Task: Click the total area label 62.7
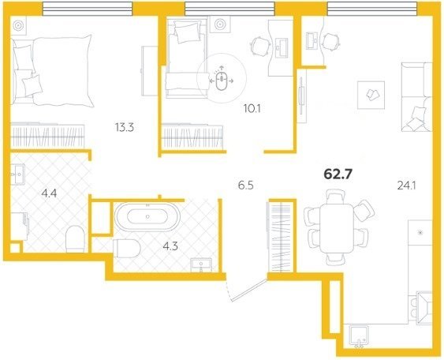(338, 174)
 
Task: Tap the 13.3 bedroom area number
(125, 128)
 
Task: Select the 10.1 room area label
(252, 109)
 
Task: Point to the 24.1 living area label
(406, 186)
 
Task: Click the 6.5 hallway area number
(245, 186)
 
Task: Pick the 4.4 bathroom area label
(49, 194)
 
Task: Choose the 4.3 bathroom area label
(170, 246)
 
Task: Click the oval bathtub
(147, 217)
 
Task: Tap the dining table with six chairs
(337, 227)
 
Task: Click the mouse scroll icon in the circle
(222, 81)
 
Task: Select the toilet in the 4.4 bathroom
(76, 238)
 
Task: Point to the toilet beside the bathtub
(126, 249)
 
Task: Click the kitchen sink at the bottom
(360, 336)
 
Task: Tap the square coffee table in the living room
(371, 95)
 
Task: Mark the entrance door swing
(246, 289)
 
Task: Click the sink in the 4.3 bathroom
(201, 264)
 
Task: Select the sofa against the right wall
(417, 97)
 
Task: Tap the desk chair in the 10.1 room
(259, 47)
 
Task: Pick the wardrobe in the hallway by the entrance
(281, 236)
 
